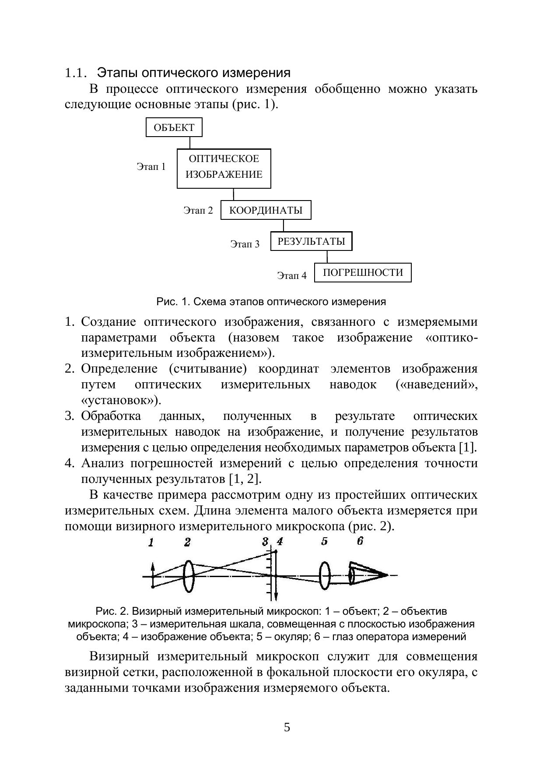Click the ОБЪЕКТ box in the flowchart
pyautogui.click(x=174, y=127)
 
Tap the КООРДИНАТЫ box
pyautogui.click(x=266, y=210)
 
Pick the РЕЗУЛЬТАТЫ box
pyautogui.click(x=311, y=241)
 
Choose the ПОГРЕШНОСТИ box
pyautogui.click(x=363, y=272)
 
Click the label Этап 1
pyautogui.click(x=151, y=167)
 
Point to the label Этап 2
pyautogui.click(x=198, y=211)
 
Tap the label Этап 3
pyautogui.click(x=245, y=244)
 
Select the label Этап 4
pyautogui.click(x=292, y=275)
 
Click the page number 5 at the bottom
pyautogui.click(x=287, y=727)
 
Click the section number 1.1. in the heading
pyautogui.click(x=77, y=73)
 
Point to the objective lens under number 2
pyautogui.click(x=188, y=576)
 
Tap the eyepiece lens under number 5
pyautogui.click(x=324, y=576)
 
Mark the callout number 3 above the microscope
pyautogui.click(x=265, y=542)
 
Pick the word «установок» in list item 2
pyautogui.click(x=118, y=400)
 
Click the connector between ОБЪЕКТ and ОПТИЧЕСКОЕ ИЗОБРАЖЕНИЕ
pyautogui.click(x=190, y=143)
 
